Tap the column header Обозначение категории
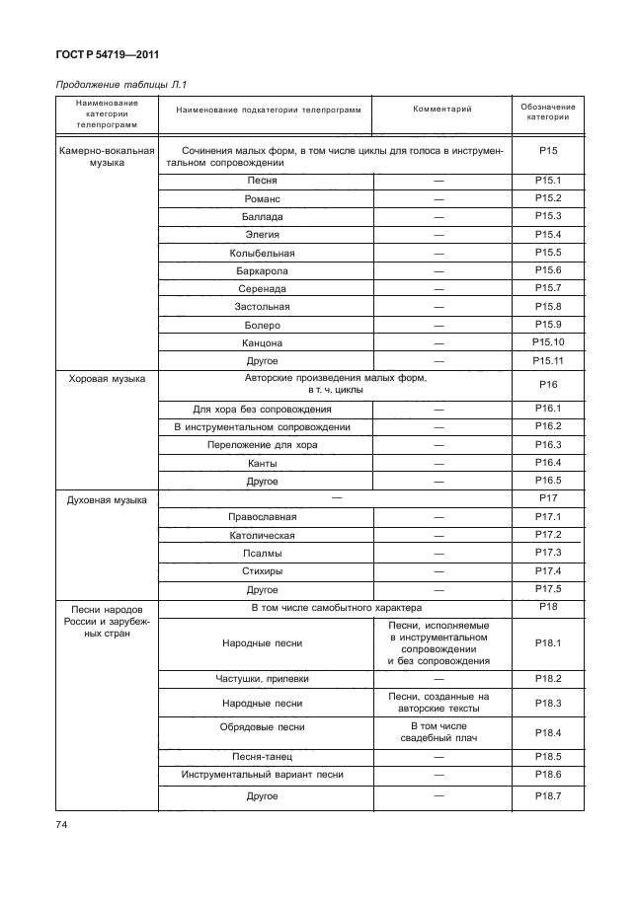[x=547, y=112]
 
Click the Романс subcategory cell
[x=263, y=198]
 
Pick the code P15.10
[x=547, y=341]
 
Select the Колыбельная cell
[x=263, y=253]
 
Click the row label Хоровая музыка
[x=107, y=379]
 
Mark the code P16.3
[x=547, y=445]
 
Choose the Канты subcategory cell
[x=263, y=463]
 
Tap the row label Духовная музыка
[x=107, y=500]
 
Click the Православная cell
[x=263, y=517]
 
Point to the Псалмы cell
[x=263, y=553]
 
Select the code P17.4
[x=547, y=570]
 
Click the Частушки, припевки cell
[x=263, y=679]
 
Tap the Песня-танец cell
[x=263, y=756]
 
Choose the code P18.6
[x=547, y=774]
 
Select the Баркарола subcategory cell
[x=263, y=270]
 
